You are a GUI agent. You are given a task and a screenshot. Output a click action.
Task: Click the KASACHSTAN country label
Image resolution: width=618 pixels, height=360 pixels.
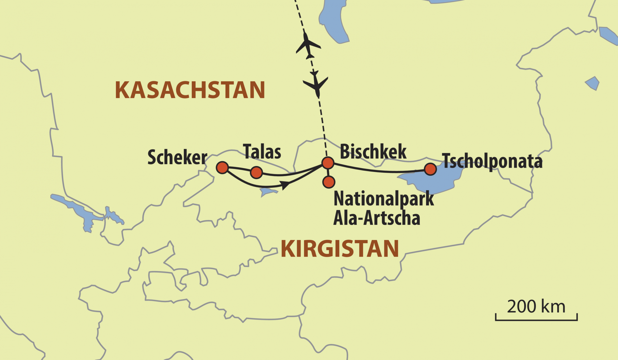click(x=190, y=90)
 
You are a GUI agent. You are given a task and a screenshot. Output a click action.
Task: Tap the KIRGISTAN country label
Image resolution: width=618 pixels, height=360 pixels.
click(x=339, y=249)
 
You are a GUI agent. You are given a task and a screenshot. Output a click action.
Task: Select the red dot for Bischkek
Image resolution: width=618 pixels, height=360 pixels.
click(x=328, y=163)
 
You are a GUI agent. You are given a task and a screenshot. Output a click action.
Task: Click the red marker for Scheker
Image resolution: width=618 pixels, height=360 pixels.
click(x=222, y=167)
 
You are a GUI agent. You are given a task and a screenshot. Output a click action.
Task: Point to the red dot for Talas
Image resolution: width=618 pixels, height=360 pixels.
click(x=256, y=172)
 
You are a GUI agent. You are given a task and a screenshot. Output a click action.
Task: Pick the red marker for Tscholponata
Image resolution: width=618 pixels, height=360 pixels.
click(x=430, y=169)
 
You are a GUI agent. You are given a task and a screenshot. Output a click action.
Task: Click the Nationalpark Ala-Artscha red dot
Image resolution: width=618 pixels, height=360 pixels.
click(x=329, y=182)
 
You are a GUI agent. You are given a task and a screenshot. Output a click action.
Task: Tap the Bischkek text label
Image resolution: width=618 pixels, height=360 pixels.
click(x=373, y=152)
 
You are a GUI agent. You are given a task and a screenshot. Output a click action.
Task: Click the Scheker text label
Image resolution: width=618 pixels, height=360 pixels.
click(x=177, y=158)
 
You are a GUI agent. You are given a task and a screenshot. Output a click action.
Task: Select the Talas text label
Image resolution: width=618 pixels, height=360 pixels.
click(x=262, y=152)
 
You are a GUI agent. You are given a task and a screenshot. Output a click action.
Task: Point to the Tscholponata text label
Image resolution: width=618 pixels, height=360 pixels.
click(x=492, y=161)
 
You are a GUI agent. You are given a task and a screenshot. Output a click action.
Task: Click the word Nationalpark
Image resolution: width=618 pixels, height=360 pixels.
click(x=384, y=198)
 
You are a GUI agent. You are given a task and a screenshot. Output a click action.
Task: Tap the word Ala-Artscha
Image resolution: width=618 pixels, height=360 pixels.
click(x=376, y=218)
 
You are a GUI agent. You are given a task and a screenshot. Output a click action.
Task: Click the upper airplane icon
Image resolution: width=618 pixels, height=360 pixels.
click(x=308, y=46)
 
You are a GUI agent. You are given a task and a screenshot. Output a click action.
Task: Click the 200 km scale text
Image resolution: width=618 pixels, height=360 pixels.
click(x=536, y=307)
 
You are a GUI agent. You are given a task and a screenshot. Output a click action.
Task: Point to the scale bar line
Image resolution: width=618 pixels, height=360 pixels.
click(x=536, y=319)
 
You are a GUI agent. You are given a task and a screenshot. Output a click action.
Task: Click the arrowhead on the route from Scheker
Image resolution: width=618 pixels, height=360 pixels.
click(x=285, y=185)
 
